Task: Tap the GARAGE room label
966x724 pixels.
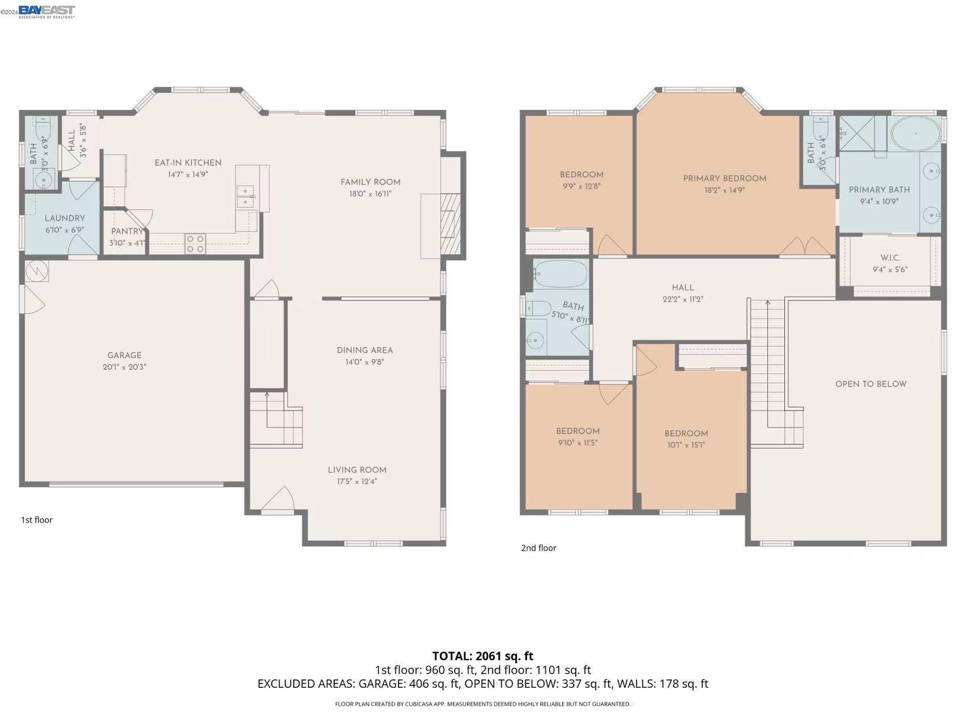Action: (124, 355)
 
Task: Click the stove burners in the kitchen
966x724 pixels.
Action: (195, 244)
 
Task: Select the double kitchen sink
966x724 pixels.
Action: (245, 196)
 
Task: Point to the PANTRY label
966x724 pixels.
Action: (127, 232)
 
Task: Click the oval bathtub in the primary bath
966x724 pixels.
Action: (915, 134)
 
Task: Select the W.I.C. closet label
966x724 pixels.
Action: (890, 258)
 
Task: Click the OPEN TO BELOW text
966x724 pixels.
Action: (871, 384)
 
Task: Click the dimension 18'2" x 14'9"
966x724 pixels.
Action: (724, 190)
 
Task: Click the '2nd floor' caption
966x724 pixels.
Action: (538, 548)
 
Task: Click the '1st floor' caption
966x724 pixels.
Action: (37, 520)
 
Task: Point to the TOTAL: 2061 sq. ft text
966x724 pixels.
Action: (482, 656)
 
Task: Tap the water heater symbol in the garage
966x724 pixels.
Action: (37, 271)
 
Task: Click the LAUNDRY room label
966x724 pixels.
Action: (65, 219)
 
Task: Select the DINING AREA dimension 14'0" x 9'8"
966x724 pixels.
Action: (365, 362)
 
